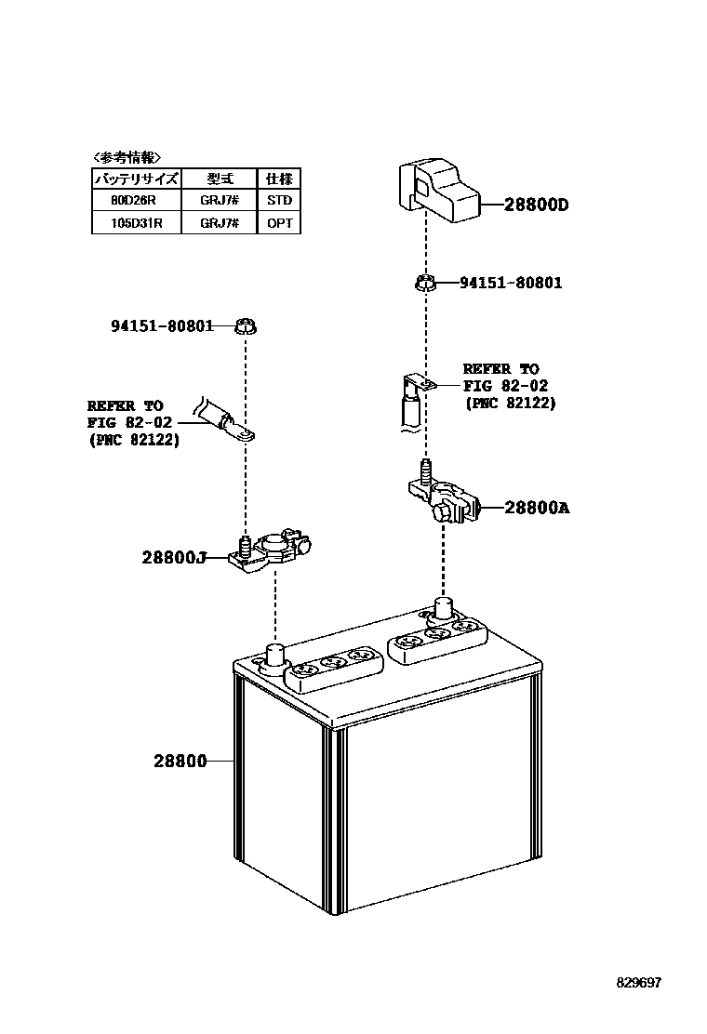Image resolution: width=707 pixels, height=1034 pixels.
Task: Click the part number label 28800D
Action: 536,205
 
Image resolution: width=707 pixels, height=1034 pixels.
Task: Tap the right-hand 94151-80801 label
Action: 511,283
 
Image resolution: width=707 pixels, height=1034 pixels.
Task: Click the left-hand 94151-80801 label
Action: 162,325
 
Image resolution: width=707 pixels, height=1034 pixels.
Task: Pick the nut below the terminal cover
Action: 424,282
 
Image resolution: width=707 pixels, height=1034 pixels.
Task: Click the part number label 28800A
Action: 537,508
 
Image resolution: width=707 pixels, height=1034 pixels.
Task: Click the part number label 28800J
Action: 173,558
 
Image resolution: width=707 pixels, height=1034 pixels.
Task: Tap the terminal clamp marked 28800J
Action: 272,555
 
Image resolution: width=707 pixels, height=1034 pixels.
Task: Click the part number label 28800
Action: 180,761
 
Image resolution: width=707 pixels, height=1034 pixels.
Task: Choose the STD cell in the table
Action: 279,200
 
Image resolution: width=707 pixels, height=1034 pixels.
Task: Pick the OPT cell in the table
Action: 279,223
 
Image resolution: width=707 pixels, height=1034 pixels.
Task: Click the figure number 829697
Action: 637,982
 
